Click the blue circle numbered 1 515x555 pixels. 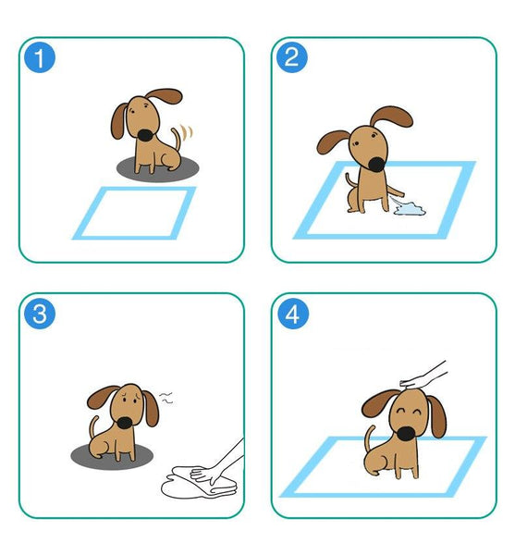[x=40, y=58]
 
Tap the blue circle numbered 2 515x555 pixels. [x=291, y=58]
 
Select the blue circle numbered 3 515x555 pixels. [x=40, y=314]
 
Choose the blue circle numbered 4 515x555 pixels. [x=292, y=314]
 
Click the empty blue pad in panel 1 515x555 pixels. [x=135, y=212]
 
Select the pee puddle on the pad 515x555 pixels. [x=409, y=212]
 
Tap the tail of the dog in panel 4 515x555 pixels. [x=370, y=441]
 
